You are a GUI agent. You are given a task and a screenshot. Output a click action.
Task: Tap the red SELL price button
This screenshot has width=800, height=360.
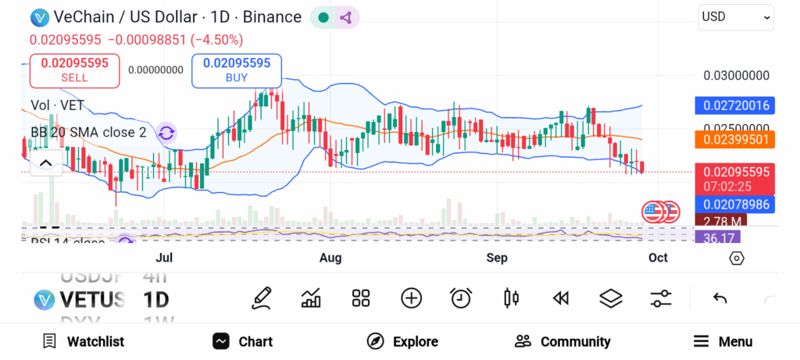point(74,70)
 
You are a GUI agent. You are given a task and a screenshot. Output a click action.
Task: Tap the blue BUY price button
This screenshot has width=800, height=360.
point(236,70)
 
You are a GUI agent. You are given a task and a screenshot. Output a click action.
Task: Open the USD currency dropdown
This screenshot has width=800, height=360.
point(736,16)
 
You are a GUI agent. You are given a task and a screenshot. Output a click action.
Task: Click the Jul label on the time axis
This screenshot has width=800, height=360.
point(164,257)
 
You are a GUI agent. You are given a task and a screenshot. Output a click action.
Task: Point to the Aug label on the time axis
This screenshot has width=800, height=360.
point(330,257)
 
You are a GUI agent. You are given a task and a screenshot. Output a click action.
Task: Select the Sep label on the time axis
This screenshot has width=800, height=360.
point(497,257)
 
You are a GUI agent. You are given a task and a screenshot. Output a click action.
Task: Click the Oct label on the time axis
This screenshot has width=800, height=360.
point(658,257)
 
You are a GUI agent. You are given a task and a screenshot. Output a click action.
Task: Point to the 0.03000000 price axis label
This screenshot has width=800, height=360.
point(737,76)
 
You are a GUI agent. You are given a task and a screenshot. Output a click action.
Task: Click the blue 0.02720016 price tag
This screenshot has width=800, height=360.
point(734,105)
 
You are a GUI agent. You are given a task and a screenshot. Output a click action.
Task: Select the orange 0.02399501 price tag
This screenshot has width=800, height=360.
point(734,139)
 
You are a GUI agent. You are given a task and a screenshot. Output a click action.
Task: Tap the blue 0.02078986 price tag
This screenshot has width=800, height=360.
point(734,205)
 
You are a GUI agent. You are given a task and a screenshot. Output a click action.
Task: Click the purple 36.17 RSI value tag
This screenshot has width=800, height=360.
point(718,237)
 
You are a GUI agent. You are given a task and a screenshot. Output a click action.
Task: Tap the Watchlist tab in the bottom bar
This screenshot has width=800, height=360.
point(83,341)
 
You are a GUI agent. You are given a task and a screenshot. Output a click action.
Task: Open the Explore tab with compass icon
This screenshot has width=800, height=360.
point(402,341)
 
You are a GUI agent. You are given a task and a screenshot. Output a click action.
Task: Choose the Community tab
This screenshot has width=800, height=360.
point(562,341)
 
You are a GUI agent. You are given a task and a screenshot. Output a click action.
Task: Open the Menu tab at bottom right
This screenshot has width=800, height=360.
point(723,341)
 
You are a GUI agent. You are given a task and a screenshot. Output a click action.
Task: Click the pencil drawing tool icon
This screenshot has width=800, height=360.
point(262,298)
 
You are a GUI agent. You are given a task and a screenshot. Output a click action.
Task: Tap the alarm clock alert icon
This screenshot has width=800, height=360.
point(461,298)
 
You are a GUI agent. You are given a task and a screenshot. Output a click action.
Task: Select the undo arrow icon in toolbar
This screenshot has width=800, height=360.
point(720,298)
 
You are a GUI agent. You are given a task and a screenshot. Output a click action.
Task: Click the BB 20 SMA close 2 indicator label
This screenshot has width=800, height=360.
point(88,133)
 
